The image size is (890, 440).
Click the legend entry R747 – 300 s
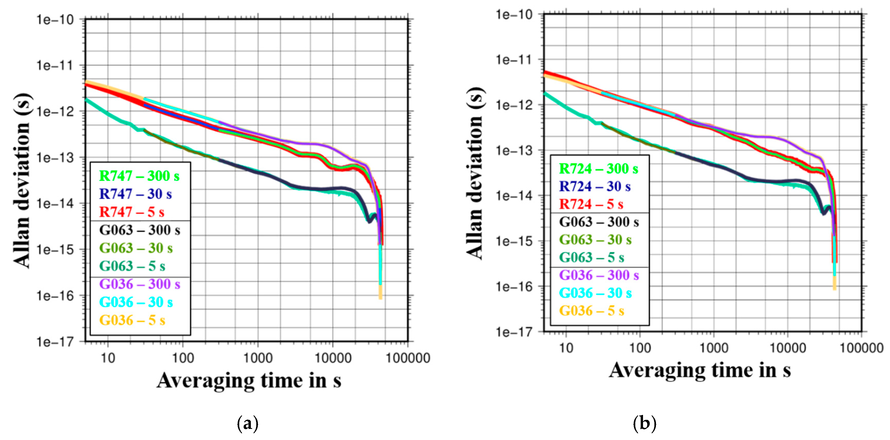139,176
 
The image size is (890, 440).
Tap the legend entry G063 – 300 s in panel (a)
140,230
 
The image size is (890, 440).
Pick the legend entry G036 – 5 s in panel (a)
132,320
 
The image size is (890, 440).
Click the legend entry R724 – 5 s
591,204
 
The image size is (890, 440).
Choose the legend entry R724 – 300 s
598,169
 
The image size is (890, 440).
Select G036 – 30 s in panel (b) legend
595,293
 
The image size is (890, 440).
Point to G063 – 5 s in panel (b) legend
592,258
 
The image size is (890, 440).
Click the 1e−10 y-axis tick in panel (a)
55,20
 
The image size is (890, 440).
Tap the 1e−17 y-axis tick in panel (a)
55,342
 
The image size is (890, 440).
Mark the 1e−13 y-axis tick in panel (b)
514,151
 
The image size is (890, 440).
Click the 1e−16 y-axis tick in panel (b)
514,287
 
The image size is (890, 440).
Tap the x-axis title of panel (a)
249,381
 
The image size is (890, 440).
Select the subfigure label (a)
248,423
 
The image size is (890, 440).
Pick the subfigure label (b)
644,423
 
